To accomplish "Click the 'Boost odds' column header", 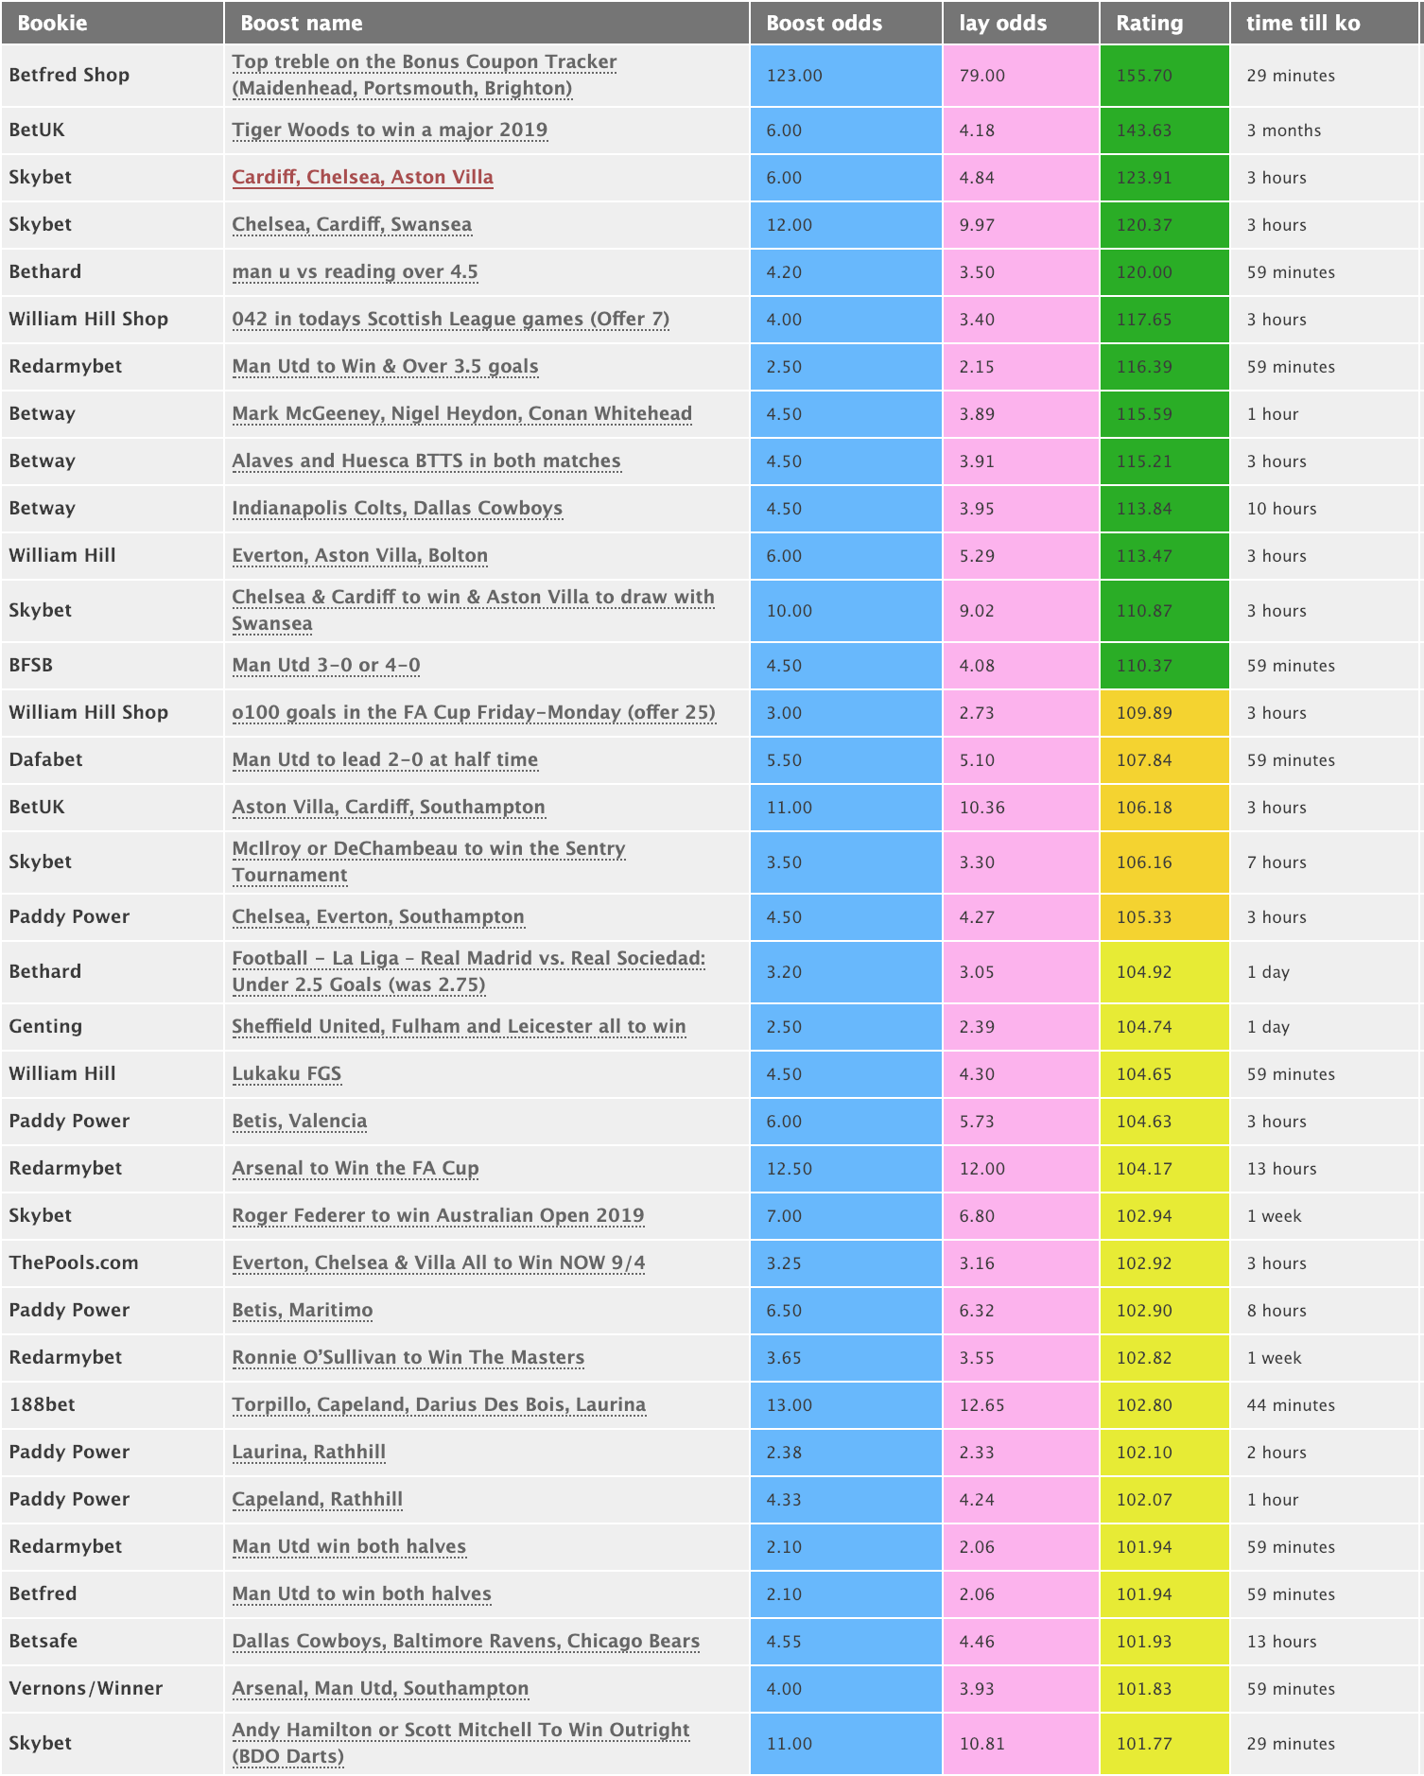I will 824,23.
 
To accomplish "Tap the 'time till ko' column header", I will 1302,23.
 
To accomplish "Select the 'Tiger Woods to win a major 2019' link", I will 390,130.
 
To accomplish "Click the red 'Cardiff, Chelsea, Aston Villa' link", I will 362,177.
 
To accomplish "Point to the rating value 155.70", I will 1144,76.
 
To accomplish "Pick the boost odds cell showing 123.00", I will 794,76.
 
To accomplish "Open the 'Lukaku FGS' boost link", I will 287,1073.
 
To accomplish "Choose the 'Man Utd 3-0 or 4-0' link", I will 326,665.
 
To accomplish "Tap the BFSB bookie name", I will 31,665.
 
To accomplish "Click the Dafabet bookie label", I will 45,759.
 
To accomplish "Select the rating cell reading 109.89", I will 1144,713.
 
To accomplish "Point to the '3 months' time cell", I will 1283,131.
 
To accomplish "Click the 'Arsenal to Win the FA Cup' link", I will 356,1168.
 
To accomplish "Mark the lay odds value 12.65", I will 981,1405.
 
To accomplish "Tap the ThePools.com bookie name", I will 74,1262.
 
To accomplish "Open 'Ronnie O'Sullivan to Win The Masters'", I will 408,1357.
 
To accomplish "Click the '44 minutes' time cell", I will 1290,1405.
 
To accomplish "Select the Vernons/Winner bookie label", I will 86,1688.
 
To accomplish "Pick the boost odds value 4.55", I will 784,1642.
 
